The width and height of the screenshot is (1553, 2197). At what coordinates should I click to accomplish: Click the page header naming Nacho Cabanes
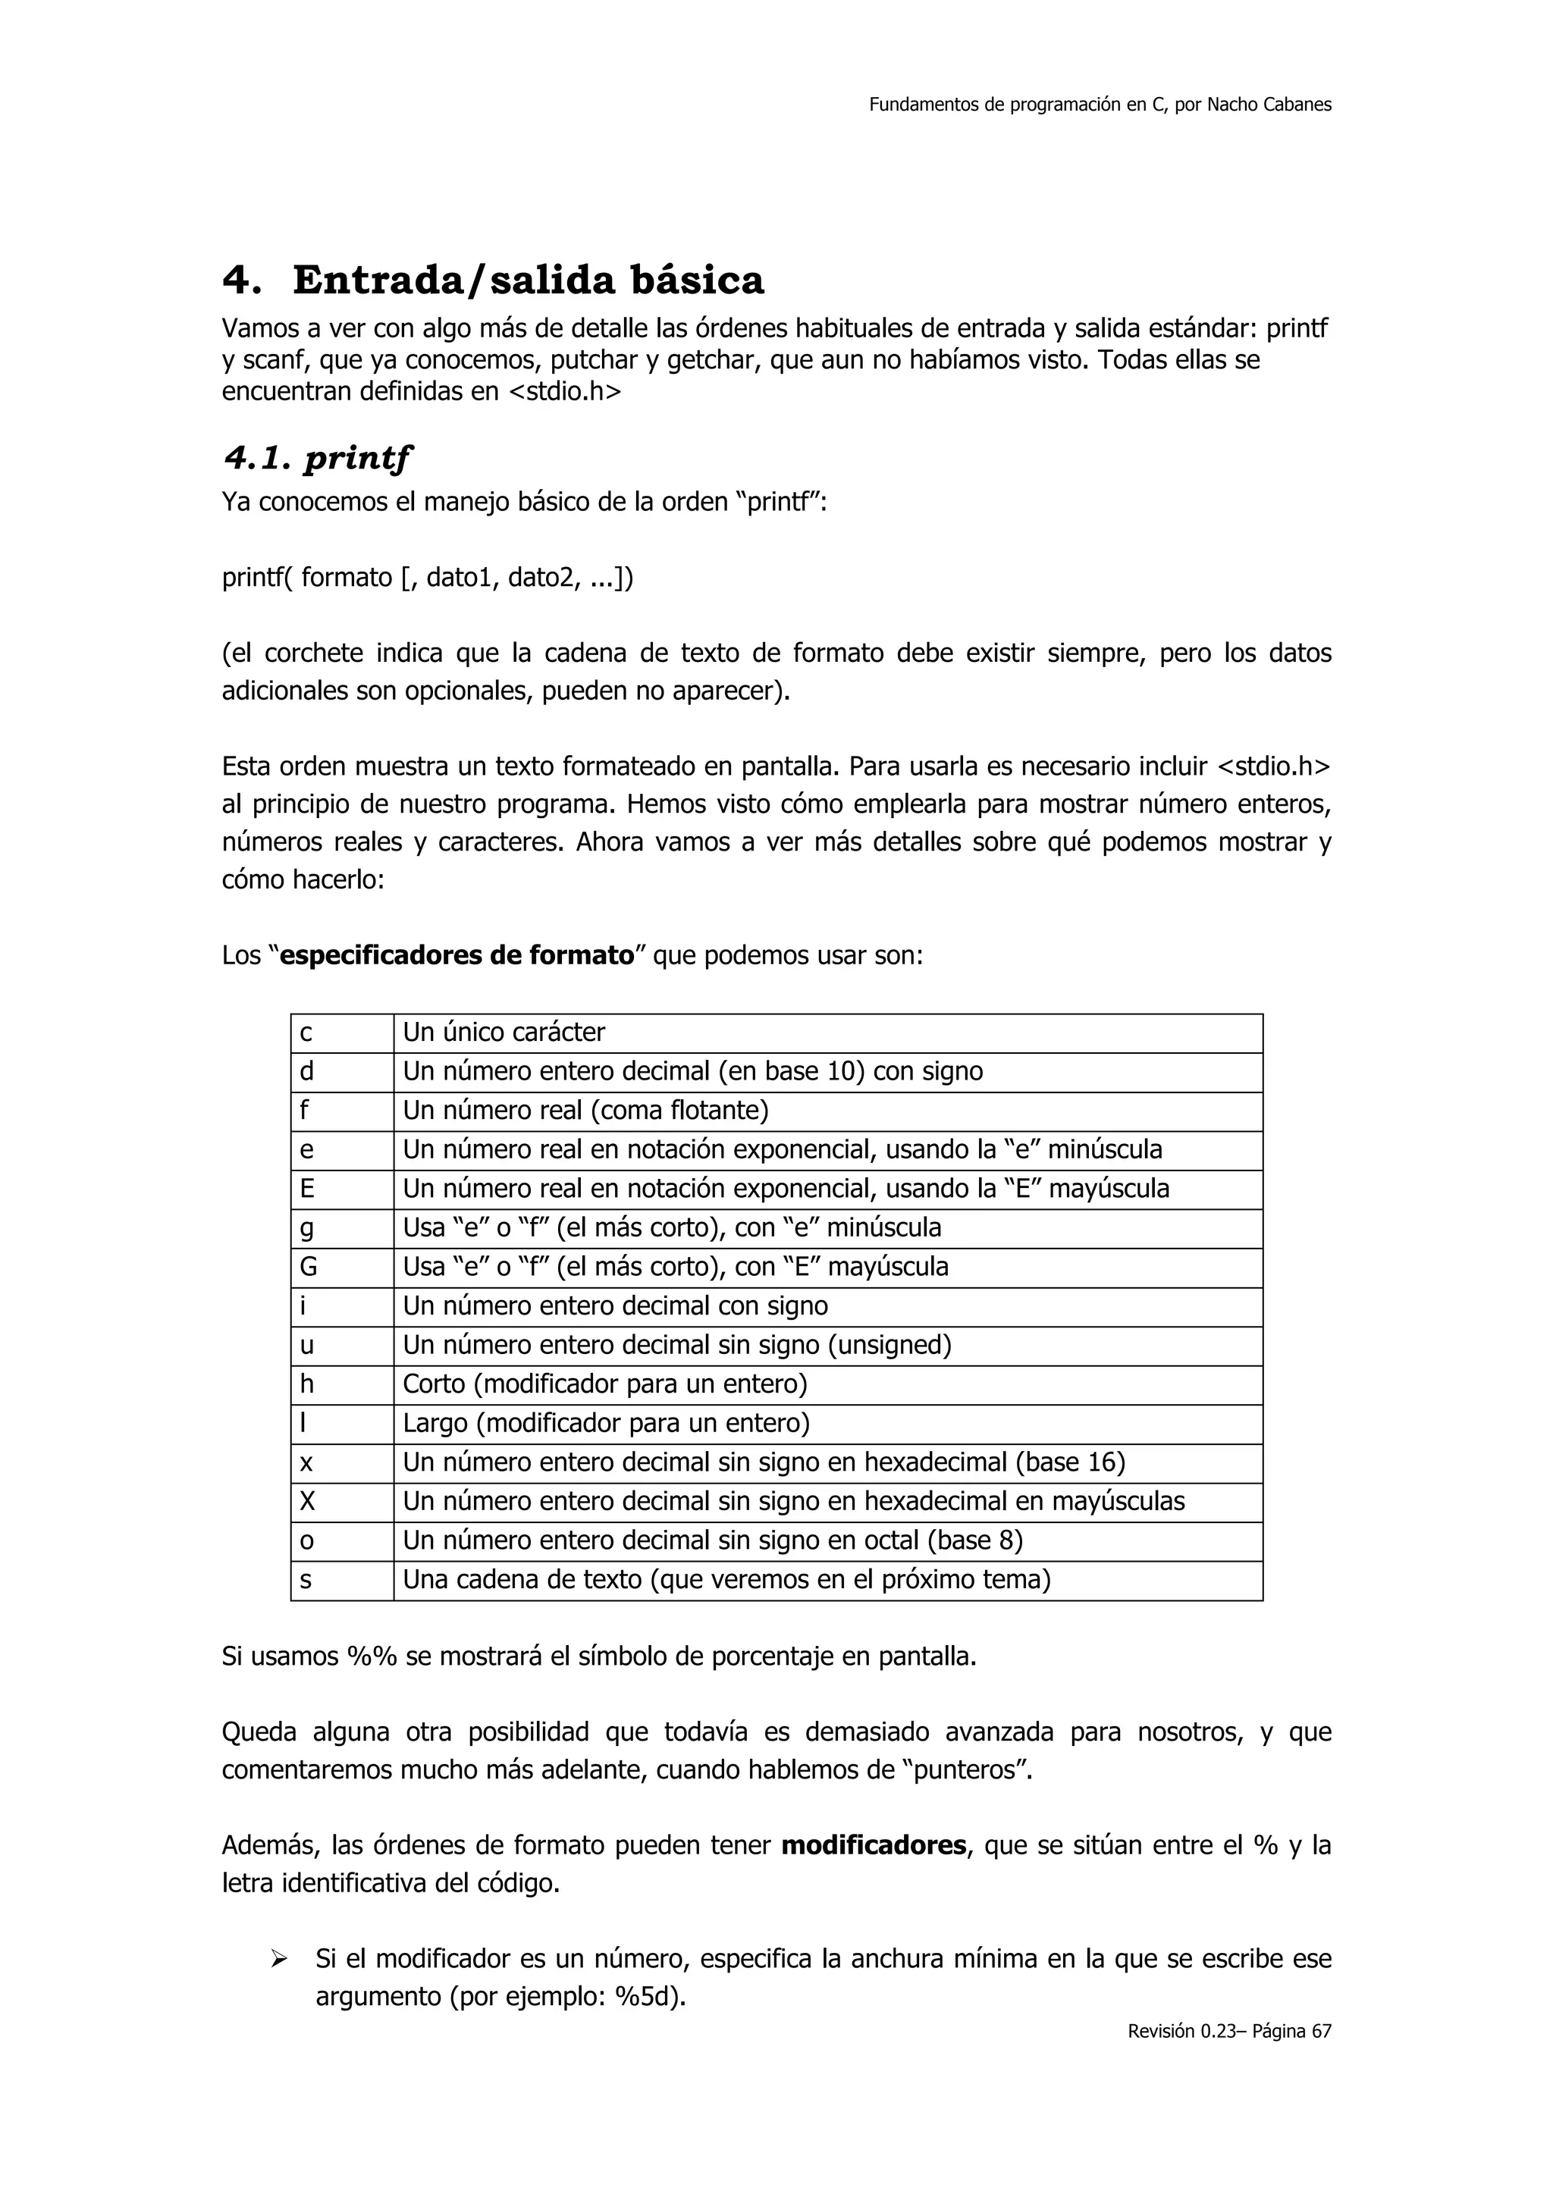click(x=1100, y=105)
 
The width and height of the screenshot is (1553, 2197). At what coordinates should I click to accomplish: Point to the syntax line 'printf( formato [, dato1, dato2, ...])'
click(x=427, y=578)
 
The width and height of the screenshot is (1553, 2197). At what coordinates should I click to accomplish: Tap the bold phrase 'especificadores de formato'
click(x=457, y=955)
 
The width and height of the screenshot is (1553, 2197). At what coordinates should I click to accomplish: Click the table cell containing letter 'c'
click(x=341, y=1033)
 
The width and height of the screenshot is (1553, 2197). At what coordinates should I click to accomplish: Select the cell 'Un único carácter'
click(x=504, y=1033)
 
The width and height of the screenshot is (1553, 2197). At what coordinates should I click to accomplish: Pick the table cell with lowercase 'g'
click(x=341, y=1227)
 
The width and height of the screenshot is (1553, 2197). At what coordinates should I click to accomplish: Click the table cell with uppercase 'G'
click(x=341, y=1267)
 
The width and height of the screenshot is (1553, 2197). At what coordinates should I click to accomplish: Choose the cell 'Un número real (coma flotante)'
click(x=585, y=1111)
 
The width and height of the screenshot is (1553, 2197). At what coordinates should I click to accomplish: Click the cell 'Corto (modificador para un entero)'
click(x=604, y=1384)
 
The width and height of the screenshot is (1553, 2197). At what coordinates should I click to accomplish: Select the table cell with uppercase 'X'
click(x=341, y=1501)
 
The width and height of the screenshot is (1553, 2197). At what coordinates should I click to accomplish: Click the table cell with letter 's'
click(x=341, y=1580)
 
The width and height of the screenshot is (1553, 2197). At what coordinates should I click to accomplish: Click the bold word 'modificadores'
click(x=874, y=1846)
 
